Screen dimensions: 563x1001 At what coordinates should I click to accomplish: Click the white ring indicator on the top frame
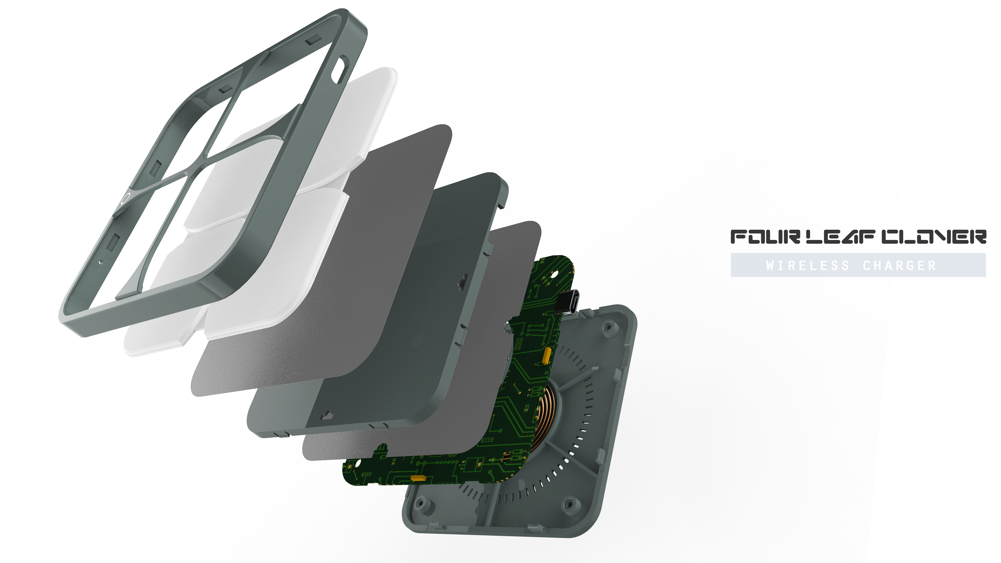point(125,198)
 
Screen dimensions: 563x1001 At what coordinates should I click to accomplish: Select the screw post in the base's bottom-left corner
point(420,503)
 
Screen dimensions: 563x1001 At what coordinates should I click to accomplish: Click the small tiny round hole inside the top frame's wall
point(100,261)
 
